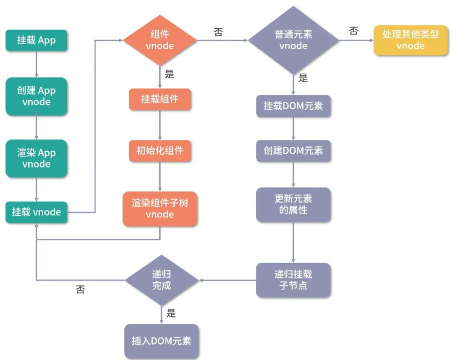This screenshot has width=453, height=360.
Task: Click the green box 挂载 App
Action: point(36,40)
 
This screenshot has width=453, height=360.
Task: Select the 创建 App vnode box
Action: point(36,96)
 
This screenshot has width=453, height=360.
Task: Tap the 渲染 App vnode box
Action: point(36,158)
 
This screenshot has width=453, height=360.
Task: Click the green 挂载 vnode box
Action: point(36,212)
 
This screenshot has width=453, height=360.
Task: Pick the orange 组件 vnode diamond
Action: point(160,40)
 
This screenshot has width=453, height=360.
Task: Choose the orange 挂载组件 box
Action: point(160,99)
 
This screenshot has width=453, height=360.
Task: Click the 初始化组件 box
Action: point(160,151)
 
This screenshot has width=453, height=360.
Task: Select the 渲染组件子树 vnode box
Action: point(160,209)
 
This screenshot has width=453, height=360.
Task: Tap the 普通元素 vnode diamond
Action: point(293,40)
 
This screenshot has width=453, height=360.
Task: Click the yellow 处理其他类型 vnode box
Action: point(411,40)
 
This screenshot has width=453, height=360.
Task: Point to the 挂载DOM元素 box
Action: point(293,106)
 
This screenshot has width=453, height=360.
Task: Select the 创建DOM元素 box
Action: point(293,151)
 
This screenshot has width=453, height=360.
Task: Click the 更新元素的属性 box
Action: point(293,204)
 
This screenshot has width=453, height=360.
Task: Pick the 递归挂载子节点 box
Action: point(293,280)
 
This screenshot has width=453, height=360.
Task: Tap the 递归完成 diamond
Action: point(161,280)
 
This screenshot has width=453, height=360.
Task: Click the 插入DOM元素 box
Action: point(161,341)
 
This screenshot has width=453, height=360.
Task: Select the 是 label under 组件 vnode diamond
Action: point(170,74)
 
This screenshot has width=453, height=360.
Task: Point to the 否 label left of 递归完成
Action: point(80,290)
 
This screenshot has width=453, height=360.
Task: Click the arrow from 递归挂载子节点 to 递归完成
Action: point(227,280)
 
